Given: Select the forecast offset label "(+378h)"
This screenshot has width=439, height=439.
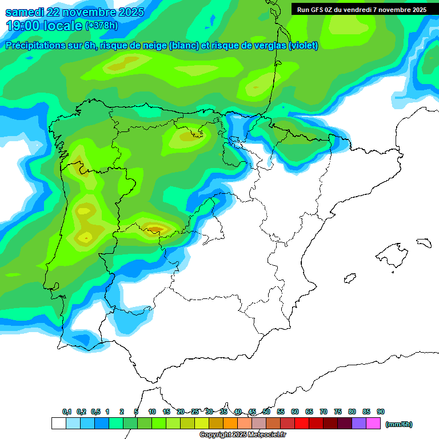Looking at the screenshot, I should (101, 26).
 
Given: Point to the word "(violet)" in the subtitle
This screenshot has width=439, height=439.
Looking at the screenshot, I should (304, 46).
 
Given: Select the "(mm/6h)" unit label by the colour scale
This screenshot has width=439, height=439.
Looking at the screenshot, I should (398, 424).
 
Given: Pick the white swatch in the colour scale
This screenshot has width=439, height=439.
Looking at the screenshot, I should (58, 424).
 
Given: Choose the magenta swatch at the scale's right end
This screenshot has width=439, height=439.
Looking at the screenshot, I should (373, 424).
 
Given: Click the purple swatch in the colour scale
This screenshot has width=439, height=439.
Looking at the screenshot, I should (359, 424).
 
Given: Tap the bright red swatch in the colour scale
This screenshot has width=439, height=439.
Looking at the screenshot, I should (302, 424).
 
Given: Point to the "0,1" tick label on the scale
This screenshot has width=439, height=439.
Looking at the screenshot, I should (66, 412).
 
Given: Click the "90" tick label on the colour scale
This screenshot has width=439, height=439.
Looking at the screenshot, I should (381, 412).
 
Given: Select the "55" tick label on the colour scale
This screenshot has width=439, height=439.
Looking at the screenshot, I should (281, 412).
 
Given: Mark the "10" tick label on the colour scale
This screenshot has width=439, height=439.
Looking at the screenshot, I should (152, 412).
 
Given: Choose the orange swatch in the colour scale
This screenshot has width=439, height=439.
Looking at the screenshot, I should (230, 424).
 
